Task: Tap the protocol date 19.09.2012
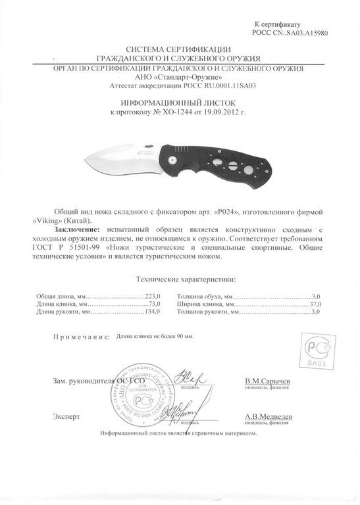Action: pos(219,112)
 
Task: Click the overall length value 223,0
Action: pos(153,297)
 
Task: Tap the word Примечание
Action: pos(81,337)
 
